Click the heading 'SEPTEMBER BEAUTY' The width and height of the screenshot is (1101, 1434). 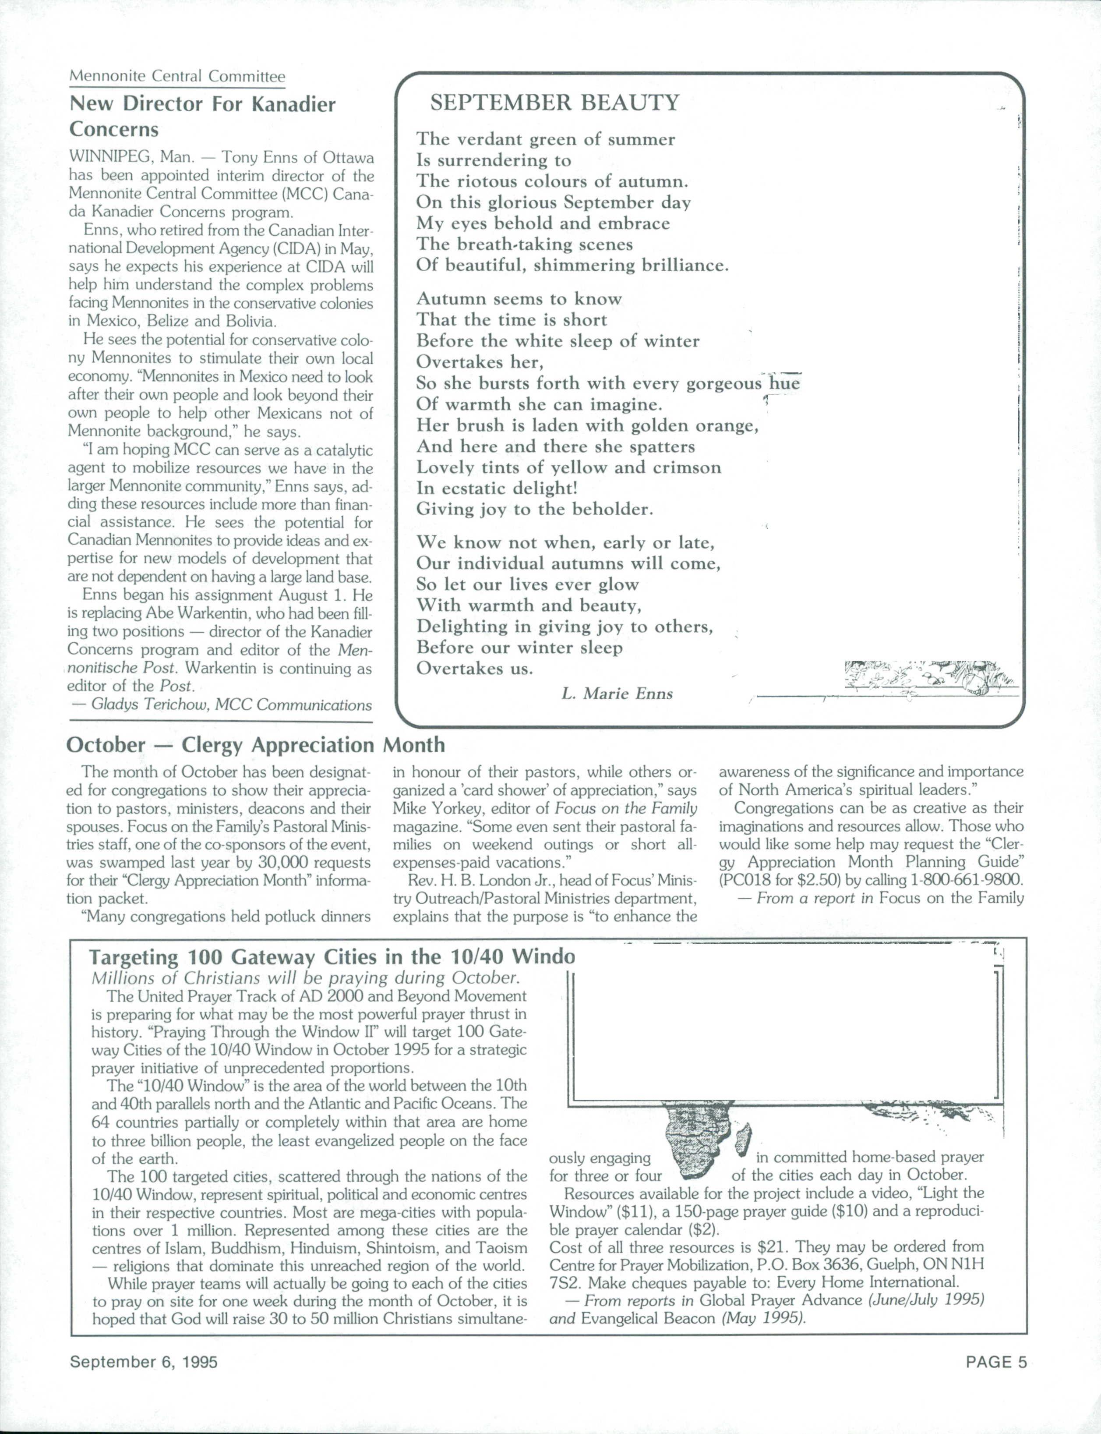[554, 103]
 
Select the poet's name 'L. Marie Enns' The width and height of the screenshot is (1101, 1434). [617, 693]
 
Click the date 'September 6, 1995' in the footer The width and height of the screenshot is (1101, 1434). [144, 1362]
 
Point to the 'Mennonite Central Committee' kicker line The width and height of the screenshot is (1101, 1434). [177, 76]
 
